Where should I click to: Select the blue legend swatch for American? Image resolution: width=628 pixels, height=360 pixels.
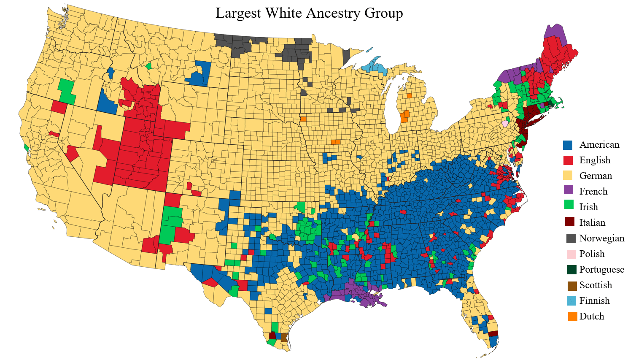[568, 145]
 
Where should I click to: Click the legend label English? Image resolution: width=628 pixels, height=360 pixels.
[595, 160]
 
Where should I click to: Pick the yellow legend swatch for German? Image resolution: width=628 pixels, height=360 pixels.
[568, 176]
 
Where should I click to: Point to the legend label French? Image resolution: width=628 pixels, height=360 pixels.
[593, 192]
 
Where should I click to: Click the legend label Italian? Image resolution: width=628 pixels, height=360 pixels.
[592, 223]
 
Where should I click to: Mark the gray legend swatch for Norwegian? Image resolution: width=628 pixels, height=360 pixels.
[571, 238]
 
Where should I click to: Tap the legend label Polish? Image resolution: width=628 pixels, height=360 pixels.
[592, 254]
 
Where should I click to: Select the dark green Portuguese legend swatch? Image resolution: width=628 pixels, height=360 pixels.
[571, 270]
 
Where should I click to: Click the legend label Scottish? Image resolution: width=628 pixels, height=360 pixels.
[596, 285]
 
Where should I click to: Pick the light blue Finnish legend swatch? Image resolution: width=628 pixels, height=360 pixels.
[571, 301]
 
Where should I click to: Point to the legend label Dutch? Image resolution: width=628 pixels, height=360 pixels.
[591, 317]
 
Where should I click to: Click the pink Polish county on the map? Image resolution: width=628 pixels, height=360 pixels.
[505, 124]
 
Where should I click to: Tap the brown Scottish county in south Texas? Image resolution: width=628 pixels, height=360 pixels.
[284, 337]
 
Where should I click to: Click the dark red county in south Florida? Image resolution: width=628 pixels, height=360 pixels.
[493, 333]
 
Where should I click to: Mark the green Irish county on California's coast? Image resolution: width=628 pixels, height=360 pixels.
[26, 148]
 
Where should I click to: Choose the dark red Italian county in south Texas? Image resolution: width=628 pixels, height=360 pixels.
[272, 336]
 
